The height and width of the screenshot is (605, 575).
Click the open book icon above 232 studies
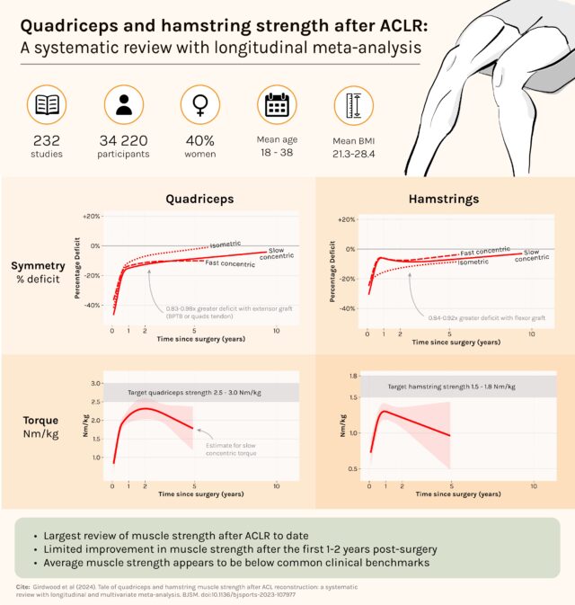pyautogui.click(x=47, y=106)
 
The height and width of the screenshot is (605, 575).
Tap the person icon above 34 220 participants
pyautogui.click(x=123, y=106)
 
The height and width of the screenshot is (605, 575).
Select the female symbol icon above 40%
pyautogui.click(x=199, y=106)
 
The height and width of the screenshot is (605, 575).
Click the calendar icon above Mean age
pyautogui.click(x=276, y=106)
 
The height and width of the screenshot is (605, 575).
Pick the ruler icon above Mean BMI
pyautogui.click(x=352, y=106)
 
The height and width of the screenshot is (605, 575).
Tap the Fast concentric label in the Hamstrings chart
pyautogui.click(x=485, y=253)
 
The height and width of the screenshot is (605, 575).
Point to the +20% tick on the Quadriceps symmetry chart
pyautogui.click(x=92, y=217)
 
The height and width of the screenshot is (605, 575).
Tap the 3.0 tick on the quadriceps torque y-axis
pyautogui.click(x=94, y=383)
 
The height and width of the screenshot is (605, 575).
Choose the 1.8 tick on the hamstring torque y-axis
pyautogui.click(x=353, y=376)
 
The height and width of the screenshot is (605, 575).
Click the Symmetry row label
pyautogui.click(x=38, y=265)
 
